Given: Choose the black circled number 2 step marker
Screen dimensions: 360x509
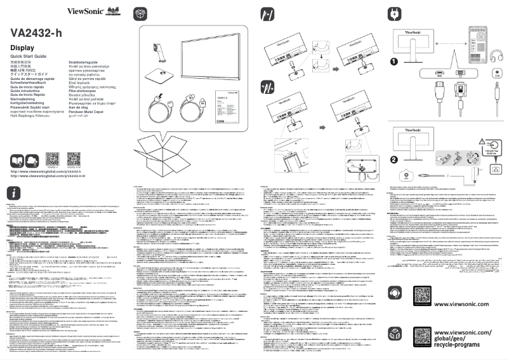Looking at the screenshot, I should [x=394, y=159].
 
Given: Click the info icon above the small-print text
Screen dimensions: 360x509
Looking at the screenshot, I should [x=14, y=194].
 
